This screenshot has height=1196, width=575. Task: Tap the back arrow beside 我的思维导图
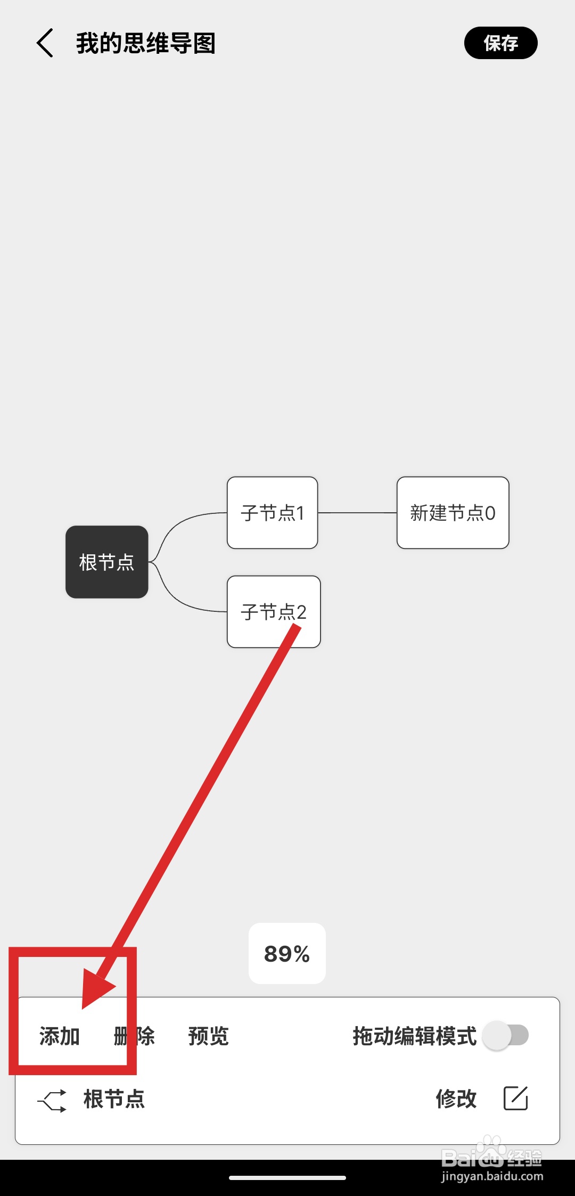tap(45, 43)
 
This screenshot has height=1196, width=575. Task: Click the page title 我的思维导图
tap(145, 44)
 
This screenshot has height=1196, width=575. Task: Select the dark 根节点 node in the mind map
tap(106, 562)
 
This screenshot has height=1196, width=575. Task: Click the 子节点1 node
tap(272, 513)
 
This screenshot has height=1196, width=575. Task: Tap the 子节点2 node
tap(274, 611)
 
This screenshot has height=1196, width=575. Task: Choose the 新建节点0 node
tap(453, 513)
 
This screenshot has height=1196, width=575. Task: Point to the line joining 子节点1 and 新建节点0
tap(357, 513)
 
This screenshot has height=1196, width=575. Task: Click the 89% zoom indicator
tap(287, 953)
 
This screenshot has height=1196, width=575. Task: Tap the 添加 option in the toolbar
tap(60, 1036)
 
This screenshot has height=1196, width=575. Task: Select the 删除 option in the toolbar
tap(134, 1036)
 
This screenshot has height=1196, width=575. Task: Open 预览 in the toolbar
tap(208, 1036)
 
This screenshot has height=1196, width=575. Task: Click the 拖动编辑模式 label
tap(414, 1036)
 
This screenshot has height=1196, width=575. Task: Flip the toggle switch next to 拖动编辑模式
tap(505, 1035)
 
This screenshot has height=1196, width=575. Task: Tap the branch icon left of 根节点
tap(52, 1100)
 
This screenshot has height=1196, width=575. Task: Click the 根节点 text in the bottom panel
tap(114, 1099)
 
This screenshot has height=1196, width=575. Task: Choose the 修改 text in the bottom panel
tap(456, 1099)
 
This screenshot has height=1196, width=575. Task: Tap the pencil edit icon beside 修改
tap(515, 1098)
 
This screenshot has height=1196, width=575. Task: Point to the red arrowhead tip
tap(84, 1006)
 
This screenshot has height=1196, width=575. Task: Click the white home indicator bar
tap(287, 1178)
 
